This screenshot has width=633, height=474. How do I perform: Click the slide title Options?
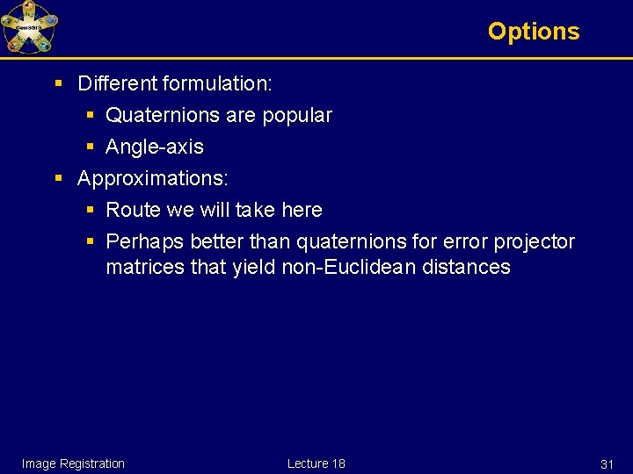534,32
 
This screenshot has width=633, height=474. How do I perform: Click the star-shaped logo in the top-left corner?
29,28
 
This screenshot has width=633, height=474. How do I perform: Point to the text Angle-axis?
154,147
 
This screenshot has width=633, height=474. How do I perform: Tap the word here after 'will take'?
302,211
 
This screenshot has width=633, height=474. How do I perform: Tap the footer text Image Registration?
73,463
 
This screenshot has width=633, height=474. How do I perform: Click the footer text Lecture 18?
316,463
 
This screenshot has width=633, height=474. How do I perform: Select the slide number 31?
607,464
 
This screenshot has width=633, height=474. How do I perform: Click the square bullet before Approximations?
59,179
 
